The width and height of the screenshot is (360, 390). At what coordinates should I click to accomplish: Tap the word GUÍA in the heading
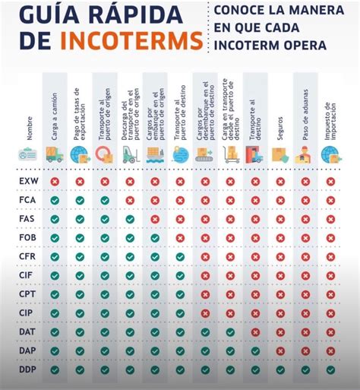pos(44,14)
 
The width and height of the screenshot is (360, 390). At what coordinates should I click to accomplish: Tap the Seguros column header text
pos(280,125)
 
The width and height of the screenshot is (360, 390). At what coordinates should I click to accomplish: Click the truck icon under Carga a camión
pos(55,154)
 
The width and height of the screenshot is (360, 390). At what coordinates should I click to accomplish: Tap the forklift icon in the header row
pos(130,154)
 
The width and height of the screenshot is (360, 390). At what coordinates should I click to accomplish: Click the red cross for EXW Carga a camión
pos(55,182)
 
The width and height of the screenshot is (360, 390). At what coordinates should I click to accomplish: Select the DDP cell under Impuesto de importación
pos(330,369)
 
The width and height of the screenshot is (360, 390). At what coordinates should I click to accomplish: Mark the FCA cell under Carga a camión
pos(55,201)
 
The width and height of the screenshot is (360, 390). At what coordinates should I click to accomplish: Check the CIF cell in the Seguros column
pos(280,275)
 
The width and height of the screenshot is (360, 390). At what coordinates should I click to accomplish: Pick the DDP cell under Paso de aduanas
pos(305,369)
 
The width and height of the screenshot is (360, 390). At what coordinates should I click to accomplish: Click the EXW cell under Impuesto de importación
pos(330,182)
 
